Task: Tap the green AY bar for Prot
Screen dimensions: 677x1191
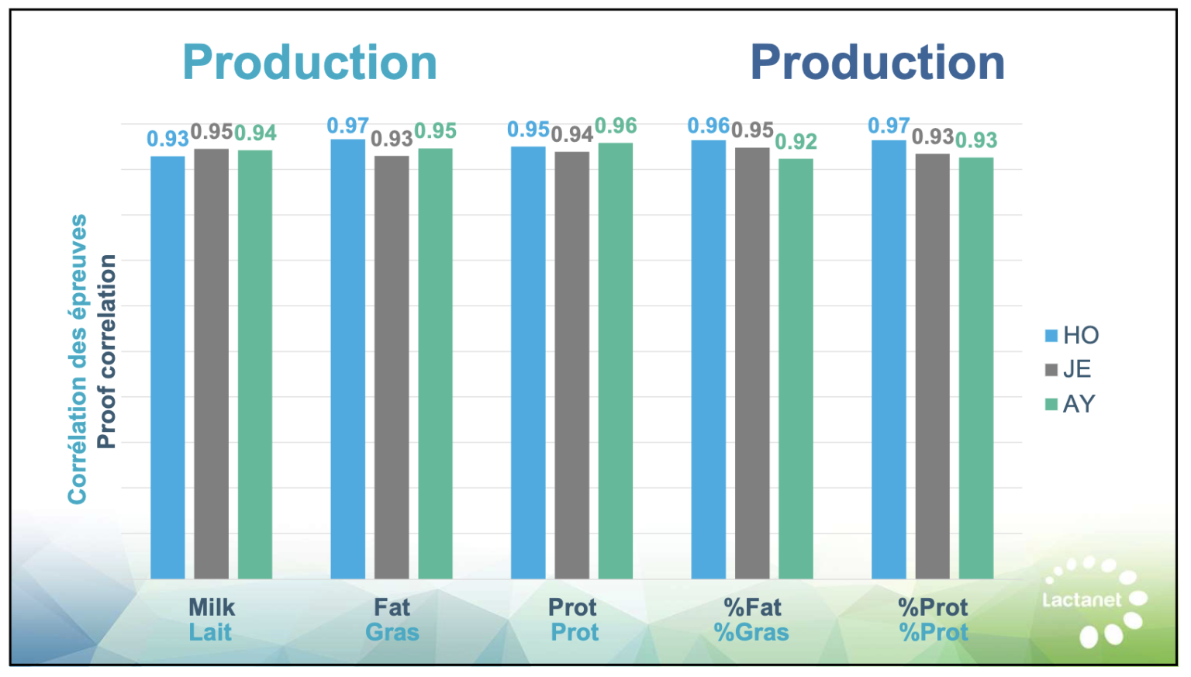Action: click(x=615, y=361)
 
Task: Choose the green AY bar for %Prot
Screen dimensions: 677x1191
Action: click(x=975, y=368)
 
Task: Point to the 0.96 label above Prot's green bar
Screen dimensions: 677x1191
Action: click(x=616, y=126)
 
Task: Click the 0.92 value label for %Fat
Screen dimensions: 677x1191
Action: click(x=796, y=142)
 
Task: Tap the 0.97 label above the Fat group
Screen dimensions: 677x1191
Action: click(x=347, y=126)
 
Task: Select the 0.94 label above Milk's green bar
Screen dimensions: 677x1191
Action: click(x=256, y=133)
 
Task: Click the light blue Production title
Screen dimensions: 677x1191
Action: click(x=309, y=62)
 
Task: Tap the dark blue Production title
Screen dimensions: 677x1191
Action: click(x=877, y=62)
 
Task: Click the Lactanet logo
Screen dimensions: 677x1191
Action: click(x=1093, y=600)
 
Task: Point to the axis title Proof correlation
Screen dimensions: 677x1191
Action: click(x=107, y=351)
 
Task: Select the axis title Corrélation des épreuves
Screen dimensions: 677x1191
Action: click(x=77, y=359)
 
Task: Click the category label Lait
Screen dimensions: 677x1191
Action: click(x=210, y=632)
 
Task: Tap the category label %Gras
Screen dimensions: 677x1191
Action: click(x=751, y=632)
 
